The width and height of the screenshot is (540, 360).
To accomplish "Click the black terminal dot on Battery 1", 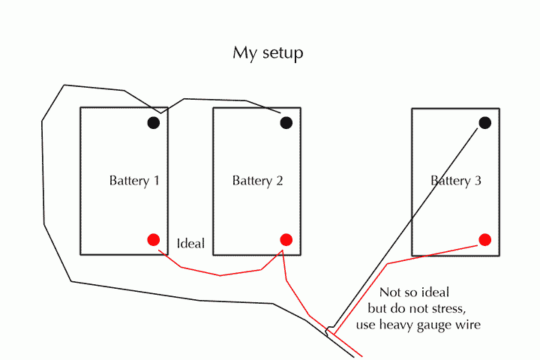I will tap(154, 122).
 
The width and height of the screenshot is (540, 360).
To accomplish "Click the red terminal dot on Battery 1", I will tap(154, 240).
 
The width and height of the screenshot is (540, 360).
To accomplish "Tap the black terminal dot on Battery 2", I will tap(286, 122).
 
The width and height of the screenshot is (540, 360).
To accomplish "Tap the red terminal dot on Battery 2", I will tap(286, 239).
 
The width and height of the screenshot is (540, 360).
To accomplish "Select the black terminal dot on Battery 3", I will tap(485, 122).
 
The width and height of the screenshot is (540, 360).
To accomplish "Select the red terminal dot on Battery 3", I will tap(485, 240).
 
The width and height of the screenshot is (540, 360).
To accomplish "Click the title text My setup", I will tap(268, 54).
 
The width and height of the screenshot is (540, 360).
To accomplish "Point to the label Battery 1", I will tap(134, 181).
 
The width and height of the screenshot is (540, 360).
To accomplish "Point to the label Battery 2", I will tap(257, 181).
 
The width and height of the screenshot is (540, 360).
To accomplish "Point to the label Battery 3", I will tap(456, 181).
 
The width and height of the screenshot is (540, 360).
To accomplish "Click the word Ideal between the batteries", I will tap(190, 244).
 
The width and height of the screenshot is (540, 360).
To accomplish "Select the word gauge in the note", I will tap(439, 325).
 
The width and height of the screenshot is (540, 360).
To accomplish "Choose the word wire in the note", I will tap(469, 325).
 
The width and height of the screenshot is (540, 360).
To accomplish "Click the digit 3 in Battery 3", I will tap(477, 181).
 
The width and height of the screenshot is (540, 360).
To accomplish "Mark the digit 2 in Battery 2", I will tap(278, 181).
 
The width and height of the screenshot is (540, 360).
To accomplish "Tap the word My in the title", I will tap(243, 54).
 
